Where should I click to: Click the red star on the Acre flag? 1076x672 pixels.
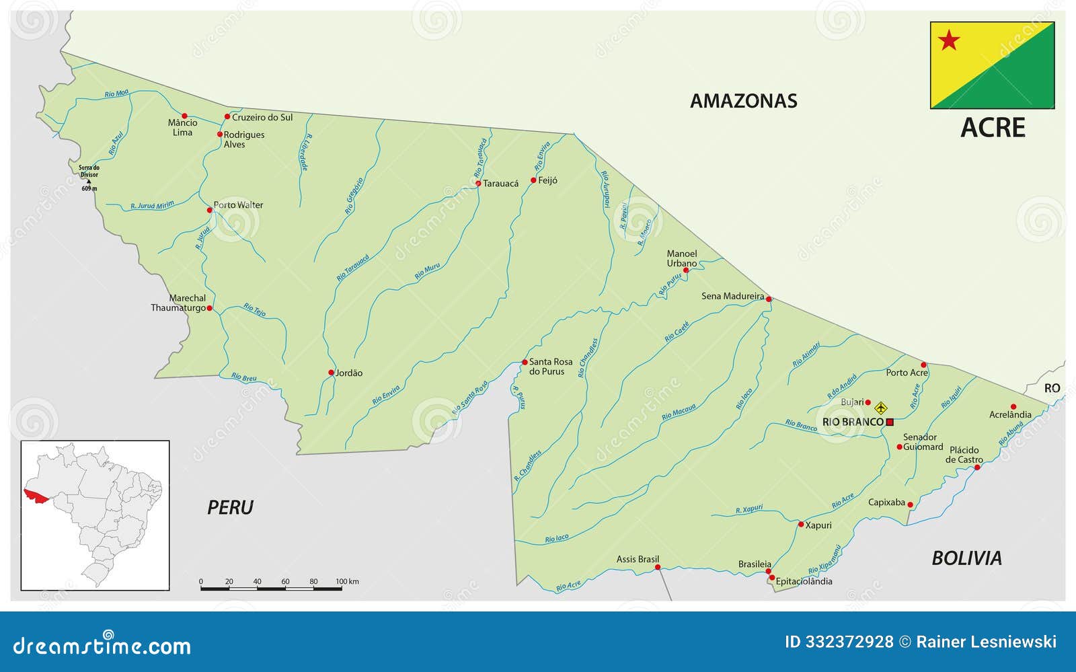point(949,40)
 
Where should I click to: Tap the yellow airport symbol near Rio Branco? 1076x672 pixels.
point(881,408)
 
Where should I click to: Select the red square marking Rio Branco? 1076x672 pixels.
point(890,422)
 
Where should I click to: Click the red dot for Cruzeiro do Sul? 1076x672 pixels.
point(227,117)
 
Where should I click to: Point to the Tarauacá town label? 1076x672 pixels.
point(500,183)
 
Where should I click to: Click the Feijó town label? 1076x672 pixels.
point(547,180)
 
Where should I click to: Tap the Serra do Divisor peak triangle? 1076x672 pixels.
point(88,182)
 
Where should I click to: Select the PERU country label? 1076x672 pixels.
point(230,507)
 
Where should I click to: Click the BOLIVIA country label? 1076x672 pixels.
point(966,558)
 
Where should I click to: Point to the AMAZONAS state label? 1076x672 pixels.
point(744,101)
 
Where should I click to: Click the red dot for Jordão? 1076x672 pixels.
point(331,373)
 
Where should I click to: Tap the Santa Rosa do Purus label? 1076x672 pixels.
point(550,367)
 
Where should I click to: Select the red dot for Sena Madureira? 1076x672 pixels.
point(769,299)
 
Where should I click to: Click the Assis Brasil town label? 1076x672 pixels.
point(638,559)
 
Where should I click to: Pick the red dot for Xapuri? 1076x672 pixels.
point(800,524)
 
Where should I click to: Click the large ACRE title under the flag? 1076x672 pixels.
point(993,128)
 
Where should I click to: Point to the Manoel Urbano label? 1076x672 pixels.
point(682,258)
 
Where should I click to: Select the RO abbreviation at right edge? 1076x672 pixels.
point(1052,388)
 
